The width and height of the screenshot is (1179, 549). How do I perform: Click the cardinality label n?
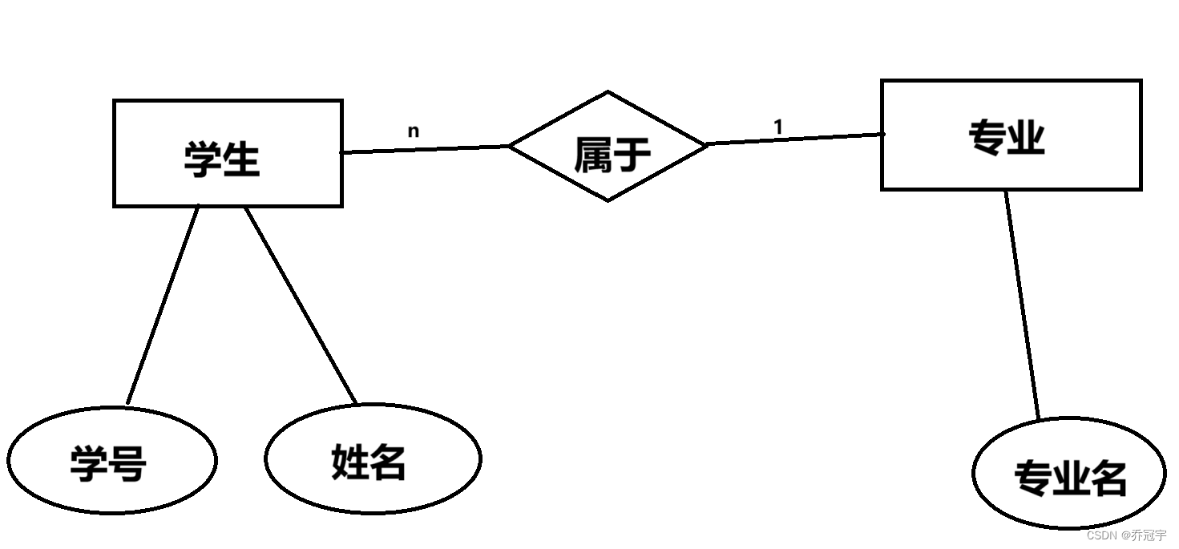pyautogui.click(x=413, y=131)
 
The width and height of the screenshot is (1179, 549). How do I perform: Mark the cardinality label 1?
pyautogui.click(x=777, y=127)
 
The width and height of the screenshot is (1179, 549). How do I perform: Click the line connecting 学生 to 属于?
pyautogui.click(x=425, y=149)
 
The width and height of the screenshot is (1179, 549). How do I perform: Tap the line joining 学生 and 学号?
pyautogui.click(x=163, y=305)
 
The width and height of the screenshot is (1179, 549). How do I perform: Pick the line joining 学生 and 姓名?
pyautogui.click(x=301, y=305)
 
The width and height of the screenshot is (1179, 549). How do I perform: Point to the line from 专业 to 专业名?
pyautogui.click(x=1023, y=305)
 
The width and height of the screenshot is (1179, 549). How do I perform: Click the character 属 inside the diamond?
pyautogui.click(x=592, y=155)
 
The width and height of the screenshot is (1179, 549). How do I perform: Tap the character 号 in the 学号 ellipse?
pyautogui.click(x=128, y=464)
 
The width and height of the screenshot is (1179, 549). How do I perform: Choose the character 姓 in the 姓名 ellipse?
pyautogui.click(x=349, y=462)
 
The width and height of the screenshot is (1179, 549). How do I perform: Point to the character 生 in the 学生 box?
pyautogui.click(x=242, y=159)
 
